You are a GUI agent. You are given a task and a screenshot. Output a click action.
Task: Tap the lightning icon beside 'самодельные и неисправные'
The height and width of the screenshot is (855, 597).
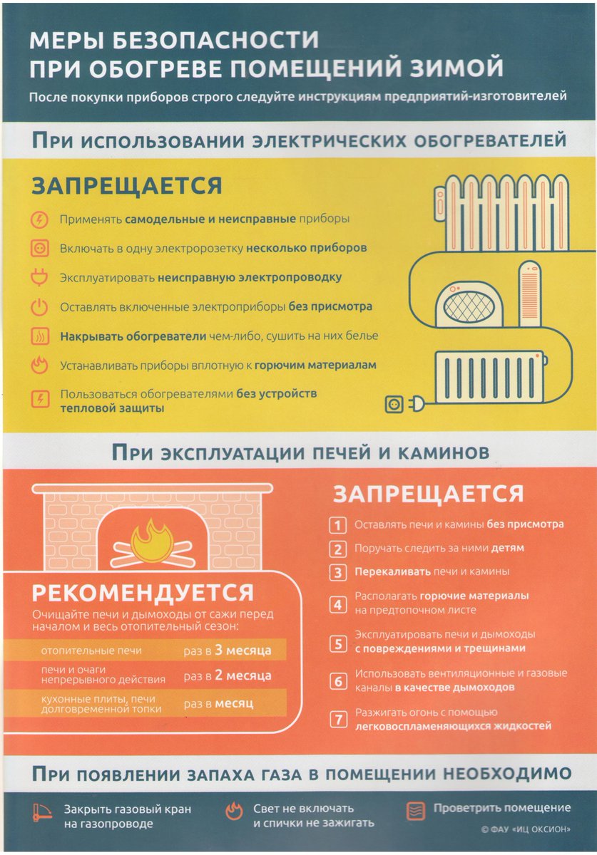point(40,219)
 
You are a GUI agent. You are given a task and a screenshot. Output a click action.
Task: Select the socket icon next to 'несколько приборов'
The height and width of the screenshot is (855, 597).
point(40,249)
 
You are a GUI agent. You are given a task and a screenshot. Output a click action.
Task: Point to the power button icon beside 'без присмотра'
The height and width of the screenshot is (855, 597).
point(40,308)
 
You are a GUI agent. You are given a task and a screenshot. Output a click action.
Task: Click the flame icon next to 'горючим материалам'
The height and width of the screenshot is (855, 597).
point(40,366)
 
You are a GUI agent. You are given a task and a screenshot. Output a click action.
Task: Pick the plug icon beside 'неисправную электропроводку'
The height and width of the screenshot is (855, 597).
point(40,278)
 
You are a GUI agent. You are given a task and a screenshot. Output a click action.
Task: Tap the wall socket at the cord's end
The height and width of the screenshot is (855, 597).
point(394,405)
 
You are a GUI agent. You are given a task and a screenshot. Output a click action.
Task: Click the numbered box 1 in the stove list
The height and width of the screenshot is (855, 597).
point(337,525)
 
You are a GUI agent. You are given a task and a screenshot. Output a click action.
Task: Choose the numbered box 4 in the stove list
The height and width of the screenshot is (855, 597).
point(337,606)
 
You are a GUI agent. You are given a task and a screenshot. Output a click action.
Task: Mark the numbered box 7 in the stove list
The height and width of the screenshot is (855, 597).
point(337,719)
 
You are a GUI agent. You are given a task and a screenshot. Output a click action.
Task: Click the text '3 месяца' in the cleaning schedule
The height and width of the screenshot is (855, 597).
point(243,651)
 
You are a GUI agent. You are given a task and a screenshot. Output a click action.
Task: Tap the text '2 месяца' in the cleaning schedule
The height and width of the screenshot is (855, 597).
point(243,675)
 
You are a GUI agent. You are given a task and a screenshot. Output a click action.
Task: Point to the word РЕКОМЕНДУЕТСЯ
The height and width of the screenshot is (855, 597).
point(143,593)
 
